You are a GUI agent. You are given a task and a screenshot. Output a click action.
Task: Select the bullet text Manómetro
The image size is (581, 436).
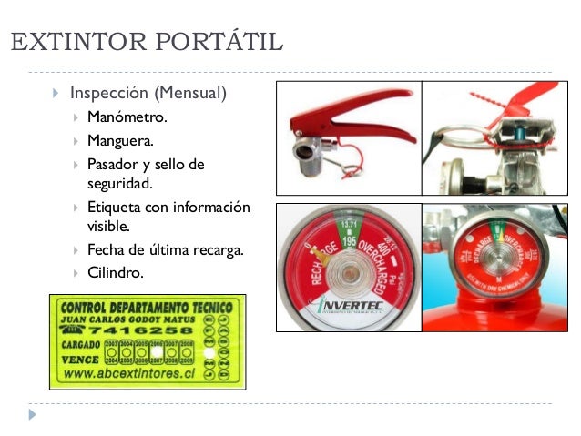127,117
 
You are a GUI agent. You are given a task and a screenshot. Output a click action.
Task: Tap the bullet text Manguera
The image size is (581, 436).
120,140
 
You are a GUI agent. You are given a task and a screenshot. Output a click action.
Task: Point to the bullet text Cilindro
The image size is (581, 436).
115,272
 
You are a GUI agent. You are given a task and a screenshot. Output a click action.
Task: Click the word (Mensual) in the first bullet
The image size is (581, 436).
189,93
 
